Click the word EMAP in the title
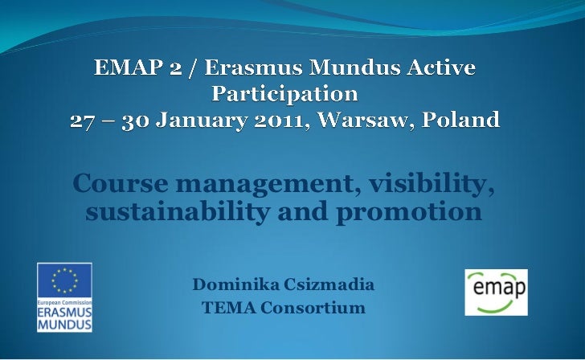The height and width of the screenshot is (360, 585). [x=128, y=67]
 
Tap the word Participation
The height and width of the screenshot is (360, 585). [x=285, y=94]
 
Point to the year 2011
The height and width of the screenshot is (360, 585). [x=282, y=120]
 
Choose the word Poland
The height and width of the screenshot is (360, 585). [x=460, y=120]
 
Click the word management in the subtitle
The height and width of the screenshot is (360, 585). [x=268, y=184]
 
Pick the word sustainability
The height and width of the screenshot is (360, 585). [x=178, y=211]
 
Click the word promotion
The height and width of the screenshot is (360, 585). [x=409, y=212]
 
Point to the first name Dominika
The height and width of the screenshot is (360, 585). [x=235, y=284]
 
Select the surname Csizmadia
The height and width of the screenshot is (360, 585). [x=329, y=284]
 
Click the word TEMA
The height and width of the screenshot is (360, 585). [x=229, y=308]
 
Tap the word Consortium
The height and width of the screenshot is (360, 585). [x=313, y=308]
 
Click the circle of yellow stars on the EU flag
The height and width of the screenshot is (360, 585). [x=64, y=280]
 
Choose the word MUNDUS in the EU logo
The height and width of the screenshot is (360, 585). [x=64, y=324]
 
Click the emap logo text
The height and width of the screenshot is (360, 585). [x=499, y=288]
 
